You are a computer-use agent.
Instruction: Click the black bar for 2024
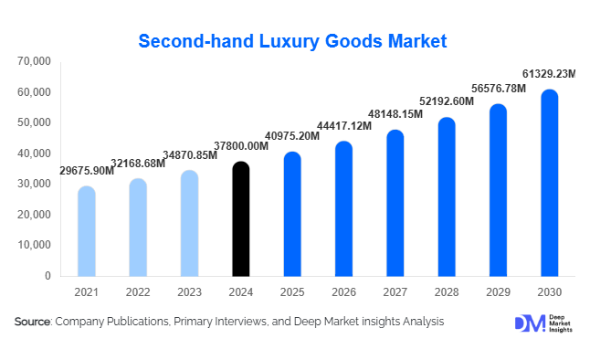240,219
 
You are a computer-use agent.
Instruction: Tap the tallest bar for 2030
549,183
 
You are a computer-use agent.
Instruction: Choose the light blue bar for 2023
189,223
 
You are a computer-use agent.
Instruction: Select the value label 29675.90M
88,171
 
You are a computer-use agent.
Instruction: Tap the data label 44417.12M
343,125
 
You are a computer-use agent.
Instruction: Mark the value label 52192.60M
446,101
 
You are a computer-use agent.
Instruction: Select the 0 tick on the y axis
47,275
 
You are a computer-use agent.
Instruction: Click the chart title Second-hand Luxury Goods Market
292,41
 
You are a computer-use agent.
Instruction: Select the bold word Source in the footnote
32,322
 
